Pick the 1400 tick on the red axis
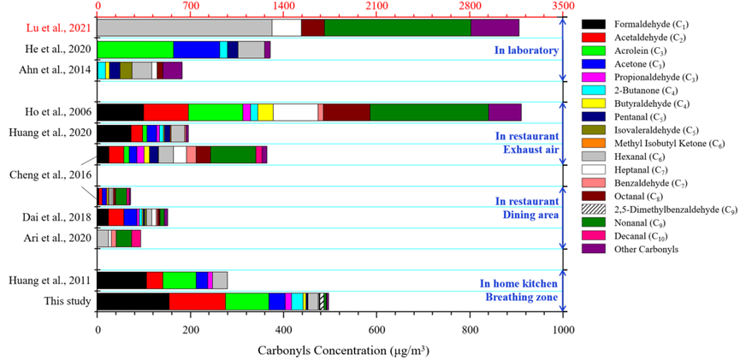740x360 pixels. tap(284, 7)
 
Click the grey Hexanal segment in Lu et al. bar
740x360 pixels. tap(185, 27)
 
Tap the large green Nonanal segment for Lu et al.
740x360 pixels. tap(398, 27)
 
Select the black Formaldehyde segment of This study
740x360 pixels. tap(133, 301)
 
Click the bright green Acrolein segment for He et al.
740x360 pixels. tap(135, 49)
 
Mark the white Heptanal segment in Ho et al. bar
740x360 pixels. tap(295, 112)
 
